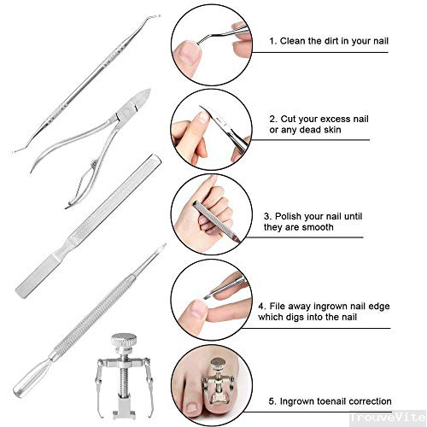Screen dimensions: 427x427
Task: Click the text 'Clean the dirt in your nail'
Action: click(328, 40)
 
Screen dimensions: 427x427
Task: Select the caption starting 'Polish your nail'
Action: click(321, 217)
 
